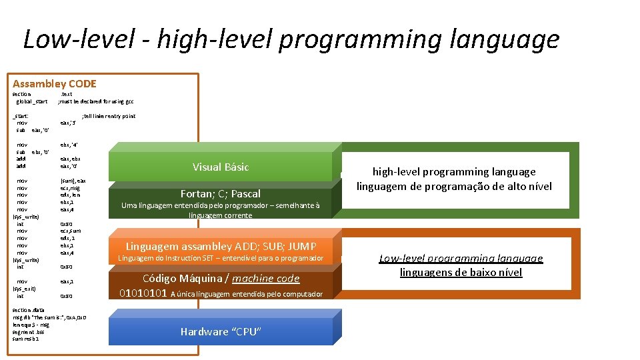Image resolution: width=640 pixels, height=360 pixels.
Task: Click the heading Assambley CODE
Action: click(x=54, y=84)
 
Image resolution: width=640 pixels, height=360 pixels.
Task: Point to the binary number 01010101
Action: click(x=143, y=293)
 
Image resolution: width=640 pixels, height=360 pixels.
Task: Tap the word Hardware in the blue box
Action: click(x=204, y=332)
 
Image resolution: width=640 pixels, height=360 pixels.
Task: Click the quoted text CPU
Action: click(x=247, y=332)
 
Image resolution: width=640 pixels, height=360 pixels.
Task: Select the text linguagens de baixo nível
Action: click(x=461, y=272)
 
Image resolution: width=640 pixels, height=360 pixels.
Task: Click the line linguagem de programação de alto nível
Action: click(x=454, y=186)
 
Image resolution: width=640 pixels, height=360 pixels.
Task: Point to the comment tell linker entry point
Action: click(x=108, y=116)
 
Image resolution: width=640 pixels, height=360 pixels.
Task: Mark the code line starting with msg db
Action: click(x=49, y=317)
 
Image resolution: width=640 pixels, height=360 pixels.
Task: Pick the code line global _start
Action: click(x=31, y=101)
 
